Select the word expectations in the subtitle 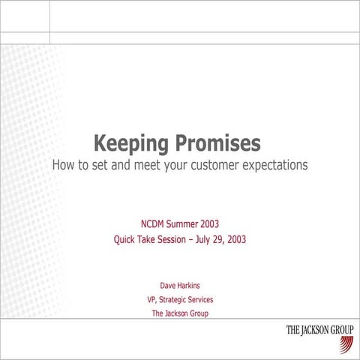tap(279, 164)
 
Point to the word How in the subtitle tap(64, 163)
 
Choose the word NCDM tap(156, 223)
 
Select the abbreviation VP tap(152, 299)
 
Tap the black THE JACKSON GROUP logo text tap(319, 330)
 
